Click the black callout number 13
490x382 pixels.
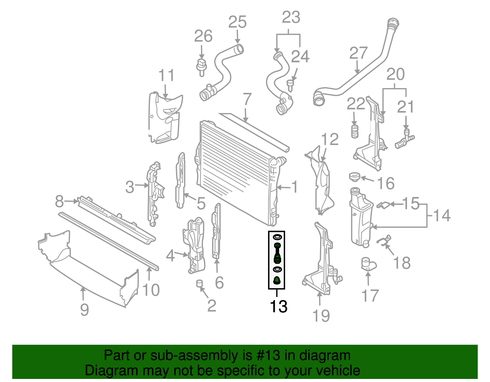[278, 306]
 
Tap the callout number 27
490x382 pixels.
[358, 53]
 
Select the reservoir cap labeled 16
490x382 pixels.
[354, 176]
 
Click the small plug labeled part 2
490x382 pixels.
[200, 283]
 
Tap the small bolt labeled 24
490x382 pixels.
[290, 85]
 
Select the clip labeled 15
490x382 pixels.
[383, 205]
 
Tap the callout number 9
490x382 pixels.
[85, 310]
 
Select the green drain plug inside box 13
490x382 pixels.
[277, 253]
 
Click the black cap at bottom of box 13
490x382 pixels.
[277, 280]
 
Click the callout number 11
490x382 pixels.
[166, 75]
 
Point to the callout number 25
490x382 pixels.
[237, 22]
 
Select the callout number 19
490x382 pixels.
[321, 316]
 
